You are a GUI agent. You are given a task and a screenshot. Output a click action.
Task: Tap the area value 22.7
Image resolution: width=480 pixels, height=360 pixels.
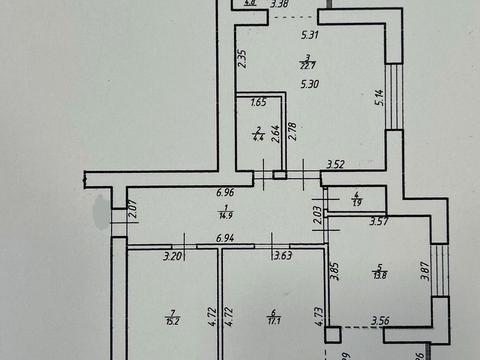coord(310,67)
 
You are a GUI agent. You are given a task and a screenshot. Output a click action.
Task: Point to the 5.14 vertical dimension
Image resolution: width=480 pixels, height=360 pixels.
coord(379,97)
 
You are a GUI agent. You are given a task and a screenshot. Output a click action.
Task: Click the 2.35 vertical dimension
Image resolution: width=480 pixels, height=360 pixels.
coord(242,59)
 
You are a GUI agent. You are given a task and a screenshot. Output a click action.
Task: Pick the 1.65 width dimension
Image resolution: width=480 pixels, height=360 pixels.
coord(258,103)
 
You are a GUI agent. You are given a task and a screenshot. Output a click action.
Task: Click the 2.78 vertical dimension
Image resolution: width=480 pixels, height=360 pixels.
coord(293,130)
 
